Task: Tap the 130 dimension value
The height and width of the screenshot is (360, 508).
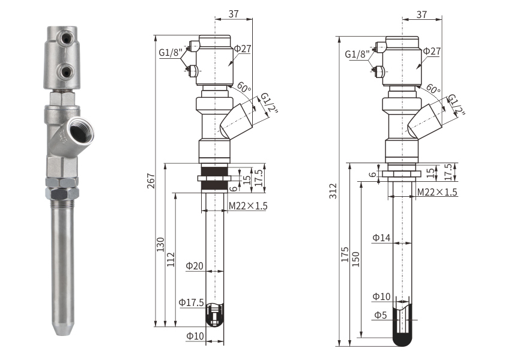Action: pyautogui.click(x=160, y=245)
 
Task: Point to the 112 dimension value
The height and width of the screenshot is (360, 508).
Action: pyautogui.click(x=171, y=259)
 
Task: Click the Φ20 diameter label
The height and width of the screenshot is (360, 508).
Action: pyautogui.click(x=195, y=266)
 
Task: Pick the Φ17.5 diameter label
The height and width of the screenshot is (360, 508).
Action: pyautogui.click(x=192, y=302)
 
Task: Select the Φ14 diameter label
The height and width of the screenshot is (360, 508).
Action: pyautogui.click(x=381, y=238)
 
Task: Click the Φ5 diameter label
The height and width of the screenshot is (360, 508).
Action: pyautogui.click(x=381, y=315)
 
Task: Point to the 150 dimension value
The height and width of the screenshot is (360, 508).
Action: pyautogui.click(x=356, y=259)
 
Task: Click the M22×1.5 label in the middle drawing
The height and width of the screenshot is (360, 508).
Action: pyautogui.click(x=248, y=206)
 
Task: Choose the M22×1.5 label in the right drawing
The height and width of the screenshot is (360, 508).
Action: pyautogui.click(x=437, y=192)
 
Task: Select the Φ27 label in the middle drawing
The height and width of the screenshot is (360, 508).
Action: pyautogui.click(x=243, y=48)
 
